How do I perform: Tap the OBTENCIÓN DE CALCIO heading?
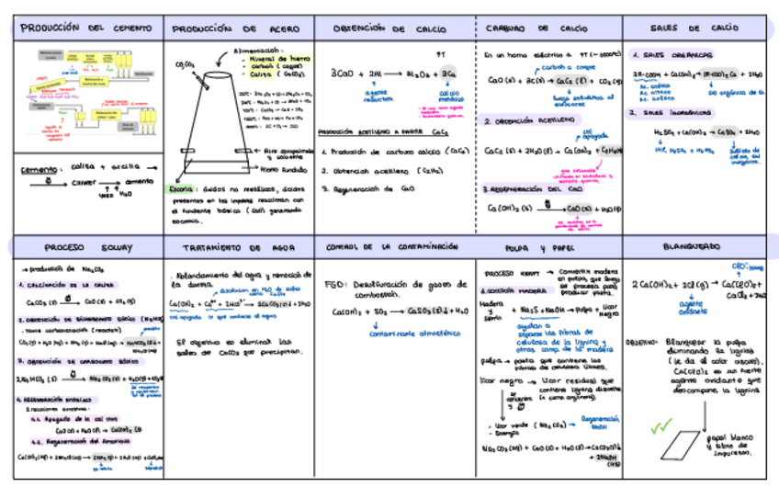(x=390, y=28)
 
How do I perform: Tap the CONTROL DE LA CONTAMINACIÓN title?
(x=392, y=247)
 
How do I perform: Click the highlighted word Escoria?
(x=181, y=189)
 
